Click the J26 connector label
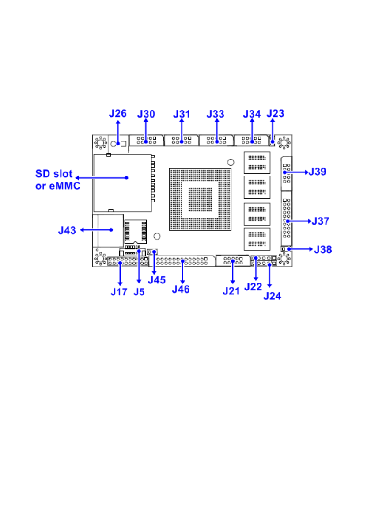pos(117,113)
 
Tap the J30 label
pos(146,114)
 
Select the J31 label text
pos(182,114)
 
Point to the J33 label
pos(215,114)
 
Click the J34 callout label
pos(252,114)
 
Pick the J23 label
pos(275,113)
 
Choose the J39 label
pos(317,172)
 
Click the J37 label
pos(320,221)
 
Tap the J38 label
pos(323,249)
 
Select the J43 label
pos(67,230)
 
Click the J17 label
pos(119,292)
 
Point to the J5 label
pos(139,292)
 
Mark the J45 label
pos(157,279)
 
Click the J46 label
pos(181,289)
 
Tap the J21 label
pos(231,291)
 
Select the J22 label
pos(253,286)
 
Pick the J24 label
pos(273,296)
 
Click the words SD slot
pos(54,174)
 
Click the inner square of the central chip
pos(200,199)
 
